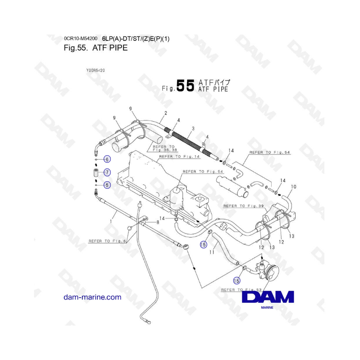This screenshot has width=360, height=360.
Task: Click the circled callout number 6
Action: click(107, 159)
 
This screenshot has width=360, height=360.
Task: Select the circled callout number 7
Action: click(107, 172)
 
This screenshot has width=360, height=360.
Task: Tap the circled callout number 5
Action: click(107, 185)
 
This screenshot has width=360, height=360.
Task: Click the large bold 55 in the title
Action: click(186, 86)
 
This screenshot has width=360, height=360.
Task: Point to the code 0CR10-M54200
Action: click(80, 38)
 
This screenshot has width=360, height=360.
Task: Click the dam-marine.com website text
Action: click(92, 297)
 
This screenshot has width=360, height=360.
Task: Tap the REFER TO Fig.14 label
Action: click(179, 156)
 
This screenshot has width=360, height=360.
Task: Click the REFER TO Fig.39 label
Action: click(243, 206)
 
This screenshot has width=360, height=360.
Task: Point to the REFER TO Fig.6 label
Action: click(107, 241)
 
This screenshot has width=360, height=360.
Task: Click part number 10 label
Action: click(294, 187)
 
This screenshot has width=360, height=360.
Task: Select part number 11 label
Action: click(212, 252)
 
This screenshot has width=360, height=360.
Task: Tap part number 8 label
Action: click(158, 222)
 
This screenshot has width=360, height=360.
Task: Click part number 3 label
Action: click(193, 128)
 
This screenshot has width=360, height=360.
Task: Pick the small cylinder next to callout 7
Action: click(96, 172)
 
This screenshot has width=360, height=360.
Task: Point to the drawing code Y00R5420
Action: click(96, 70)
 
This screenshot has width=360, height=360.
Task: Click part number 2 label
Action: click(166, 113)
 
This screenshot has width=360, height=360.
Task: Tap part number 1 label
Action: click(111, 222)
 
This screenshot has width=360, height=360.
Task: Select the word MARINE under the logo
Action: click(267, 308)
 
